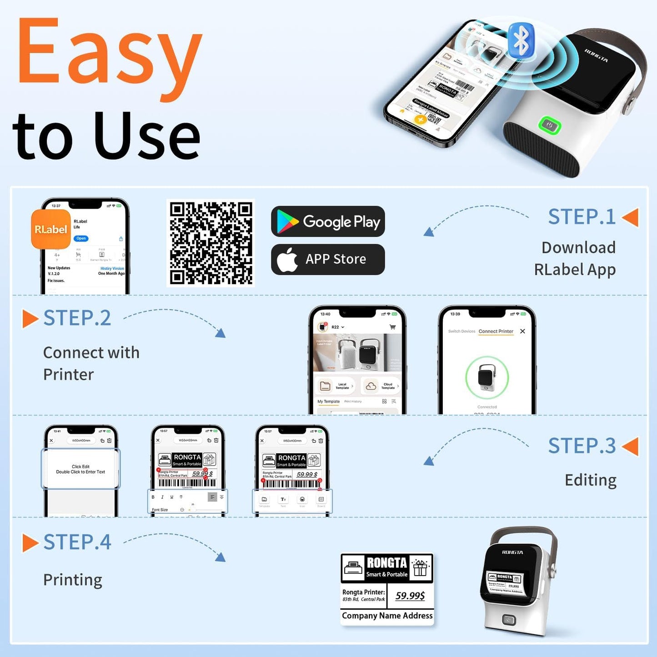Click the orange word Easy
109,57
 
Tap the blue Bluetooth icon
521,40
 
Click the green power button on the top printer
549,125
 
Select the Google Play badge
328,221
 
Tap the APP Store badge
328,259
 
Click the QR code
211,243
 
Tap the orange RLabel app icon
50,229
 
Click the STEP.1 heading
582,217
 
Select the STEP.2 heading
77,318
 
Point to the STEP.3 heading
582,446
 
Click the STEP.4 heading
77,542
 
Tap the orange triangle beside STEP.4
30,543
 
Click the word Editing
590,480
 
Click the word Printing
73,580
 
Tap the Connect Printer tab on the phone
496,331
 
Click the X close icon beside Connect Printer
522,331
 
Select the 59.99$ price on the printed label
410,596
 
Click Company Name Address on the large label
387,616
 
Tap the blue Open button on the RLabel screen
81,238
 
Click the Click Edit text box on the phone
80,469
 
